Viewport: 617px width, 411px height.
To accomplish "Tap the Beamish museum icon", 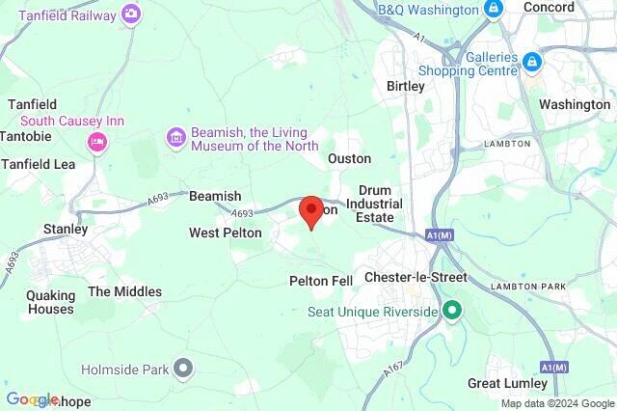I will (x=175, y=138).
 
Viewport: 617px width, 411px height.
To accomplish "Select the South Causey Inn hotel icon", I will (x=96, y=143).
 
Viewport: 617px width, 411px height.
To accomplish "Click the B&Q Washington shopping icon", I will (x=494, y=10).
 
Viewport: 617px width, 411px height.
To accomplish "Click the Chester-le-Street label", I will (x=416, y=278).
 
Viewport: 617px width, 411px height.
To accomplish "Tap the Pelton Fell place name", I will (x=321, y=281).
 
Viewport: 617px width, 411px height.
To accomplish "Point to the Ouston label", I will (x=349, y=158).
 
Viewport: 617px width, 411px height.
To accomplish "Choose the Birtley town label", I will (x=405, y=86).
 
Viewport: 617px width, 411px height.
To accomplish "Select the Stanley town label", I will (x=66, y=230).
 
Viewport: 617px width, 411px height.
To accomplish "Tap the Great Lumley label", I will (x=508, y=383).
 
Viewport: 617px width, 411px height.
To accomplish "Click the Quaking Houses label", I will (x=50, y=302).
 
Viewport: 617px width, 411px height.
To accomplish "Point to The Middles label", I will (x=125, y=291).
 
